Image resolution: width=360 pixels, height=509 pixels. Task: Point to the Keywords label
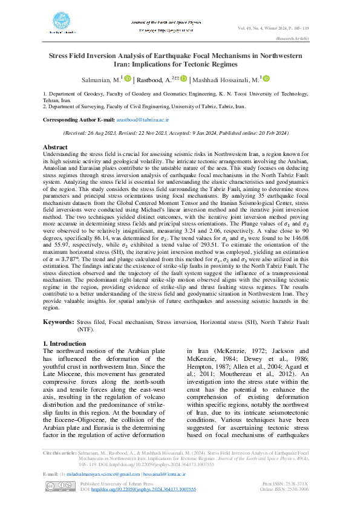59,323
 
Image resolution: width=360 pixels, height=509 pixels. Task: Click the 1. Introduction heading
67,343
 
